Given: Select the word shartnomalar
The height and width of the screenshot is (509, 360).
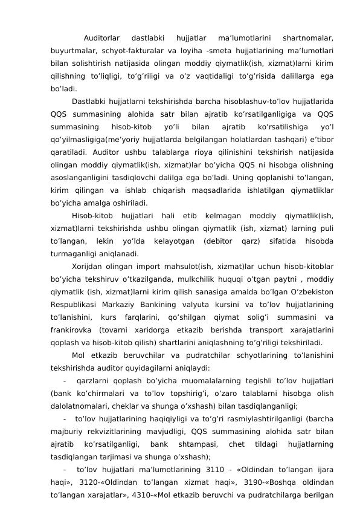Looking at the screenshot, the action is [308, 39].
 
